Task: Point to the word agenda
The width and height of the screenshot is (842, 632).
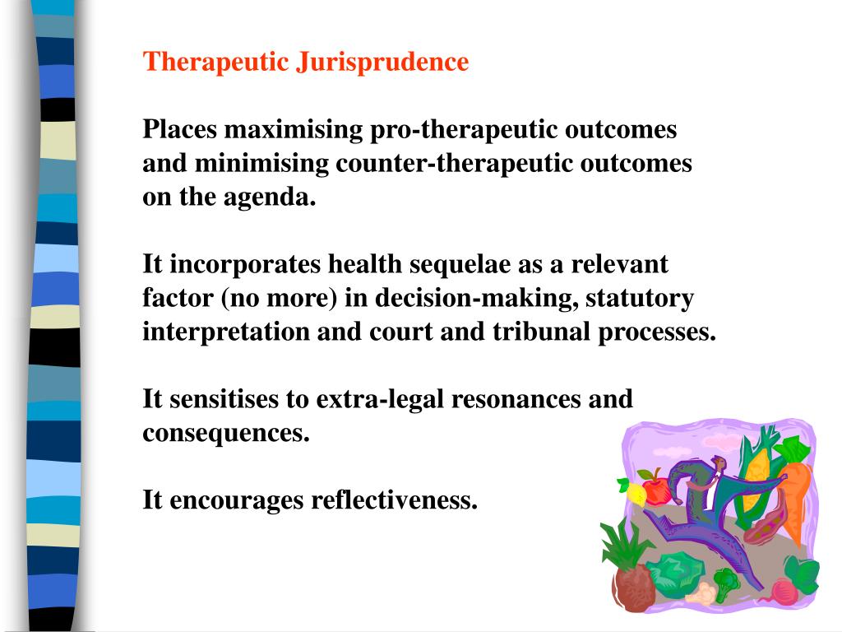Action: (276, 197)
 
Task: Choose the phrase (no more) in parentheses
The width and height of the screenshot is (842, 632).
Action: (280, 299)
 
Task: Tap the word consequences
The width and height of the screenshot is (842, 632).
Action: (226, 434)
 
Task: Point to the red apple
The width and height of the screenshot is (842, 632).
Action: (656, 489)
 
